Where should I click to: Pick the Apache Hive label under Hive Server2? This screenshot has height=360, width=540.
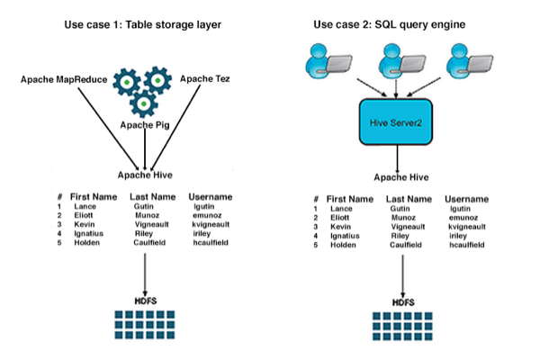coord(399,177)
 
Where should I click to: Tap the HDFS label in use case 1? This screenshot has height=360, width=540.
coord(145,299)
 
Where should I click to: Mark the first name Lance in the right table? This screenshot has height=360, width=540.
coord(336,209)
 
